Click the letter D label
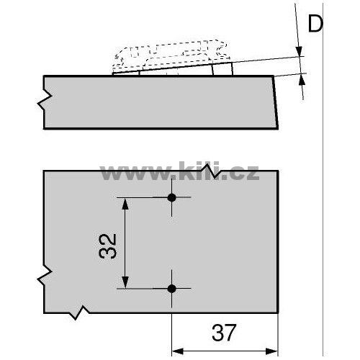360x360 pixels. [315, 24]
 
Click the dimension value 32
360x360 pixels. [108, 246]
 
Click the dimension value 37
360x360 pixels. [224, 333]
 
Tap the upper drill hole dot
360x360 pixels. [171, 197]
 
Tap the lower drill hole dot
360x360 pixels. [171, 289]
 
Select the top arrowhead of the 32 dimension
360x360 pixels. [125, 204]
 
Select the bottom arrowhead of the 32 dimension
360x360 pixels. [125, 282]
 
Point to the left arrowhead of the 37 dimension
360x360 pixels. [178, 351]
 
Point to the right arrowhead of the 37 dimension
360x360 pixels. [271, 351]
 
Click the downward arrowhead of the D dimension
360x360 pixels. [299, 51]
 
